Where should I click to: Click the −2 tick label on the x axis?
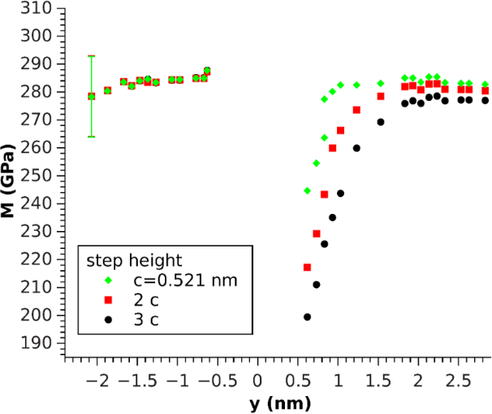coord(95,380)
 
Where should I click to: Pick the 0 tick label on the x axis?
coord(257,380)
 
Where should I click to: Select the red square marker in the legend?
coord(107,299)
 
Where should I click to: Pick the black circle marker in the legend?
coord(107,319)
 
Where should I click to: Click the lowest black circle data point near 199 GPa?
coord(307,317)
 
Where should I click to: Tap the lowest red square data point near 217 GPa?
coord(307,267)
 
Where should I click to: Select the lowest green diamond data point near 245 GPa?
coord(307,190)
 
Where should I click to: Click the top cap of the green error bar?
coord(91,56)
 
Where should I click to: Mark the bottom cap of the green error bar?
coord(91,137)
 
